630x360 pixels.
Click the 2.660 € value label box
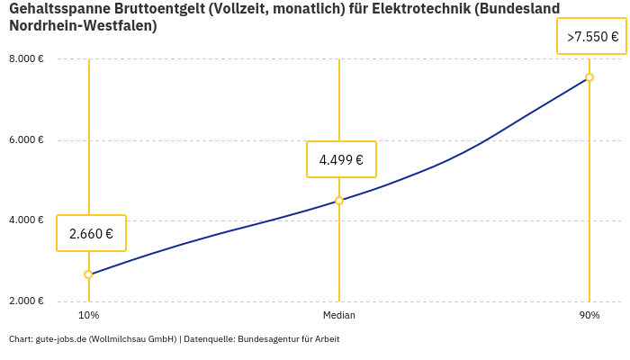click(x=91, y=233)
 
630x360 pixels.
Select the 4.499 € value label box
click(x=341, y=160)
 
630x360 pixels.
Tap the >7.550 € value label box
click(x=591, y=37)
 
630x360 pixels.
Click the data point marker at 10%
click(x=88, y=274)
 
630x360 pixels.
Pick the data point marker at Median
click(x=339, y=201)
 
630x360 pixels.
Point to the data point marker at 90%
click(x=589, y=77)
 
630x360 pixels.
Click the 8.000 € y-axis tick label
click(x=26, y=59)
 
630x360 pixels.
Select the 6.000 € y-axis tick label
click(x=26, y=140)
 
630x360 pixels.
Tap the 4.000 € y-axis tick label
click(x=26, y=220)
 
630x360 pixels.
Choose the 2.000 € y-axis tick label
click(x=26, y=301)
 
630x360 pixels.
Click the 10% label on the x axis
click(x=88, y=316)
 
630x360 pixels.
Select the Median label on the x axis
click(x=339, y=316)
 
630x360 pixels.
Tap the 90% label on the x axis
click(x=589, y=316)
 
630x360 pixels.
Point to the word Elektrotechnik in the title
click(x=418, y=9)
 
